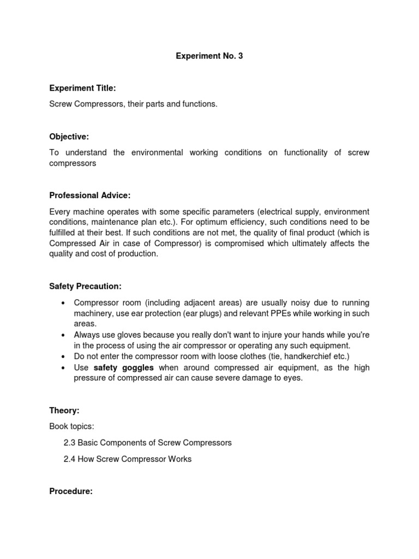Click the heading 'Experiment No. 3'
click(x=209, y=56)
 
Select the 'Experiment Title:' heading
click(x=82, y=88)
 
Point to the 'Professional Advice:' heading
click(x=90, y=195)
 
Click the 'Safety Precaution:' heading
click(x=85, y=286)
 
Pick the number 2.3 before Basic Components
click(x=69, y=443)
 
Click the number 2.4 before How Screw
click(x=69, y=459)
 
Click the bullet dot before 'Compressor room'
click(x=64, y=303)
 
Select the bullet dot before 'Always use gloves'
click(x=64, y=335)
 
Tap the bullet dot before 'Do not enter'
click(x=64, y=356)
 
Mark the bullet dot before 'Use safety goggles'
click(x=64, y=367)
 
